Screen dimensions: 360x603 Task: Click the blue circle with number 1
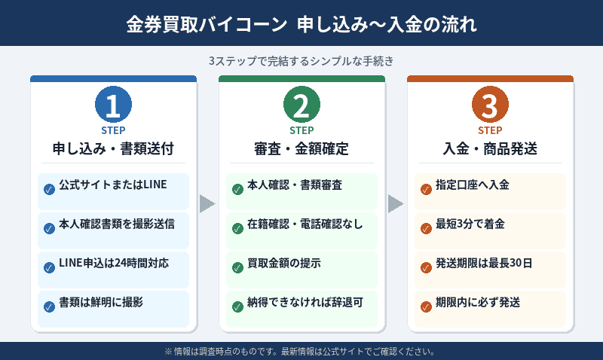point(113,106)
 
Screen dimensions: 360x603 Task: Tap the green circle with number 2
point(301,106)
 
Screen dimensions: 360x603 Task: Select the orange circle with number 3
point(490,106)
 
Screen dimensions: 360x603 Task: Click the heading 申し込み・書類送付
point(113,148)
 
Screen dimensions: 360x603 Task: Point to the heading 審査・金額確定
point(301,148)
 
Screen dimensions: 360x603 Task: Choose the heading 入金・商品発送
point(490,148)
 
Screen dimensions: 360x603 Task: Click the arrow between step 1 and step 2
point(207,203)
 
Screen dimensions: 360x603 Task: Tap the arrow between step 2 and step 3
point(396,203)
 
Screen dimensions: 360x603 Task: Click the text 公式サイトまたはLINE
point(112,185)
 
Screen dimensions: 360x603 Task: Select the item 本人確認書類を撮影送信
point(118,224)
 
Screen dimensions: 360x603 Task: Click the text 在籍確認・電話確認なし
point(306,224)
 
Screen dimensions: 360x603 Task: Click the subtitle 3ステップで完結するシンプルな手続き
point(301,60)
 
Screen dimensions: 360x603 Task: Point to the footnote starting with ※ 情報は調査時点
point(301,351)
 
